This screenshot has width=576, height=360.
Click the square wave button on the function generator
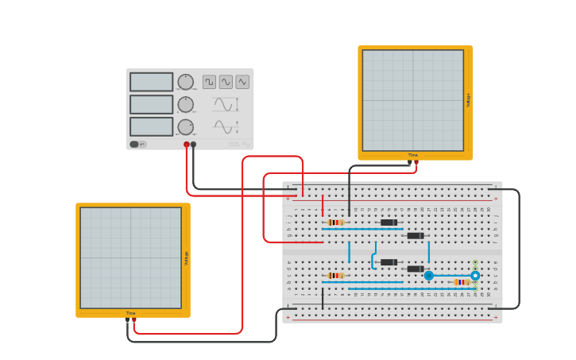click(x=209, y=82)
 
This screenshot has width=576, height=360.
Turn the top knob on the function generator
click(x=185, y=82)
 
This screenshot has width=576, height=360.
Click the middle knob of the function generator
click(x=185, y=104)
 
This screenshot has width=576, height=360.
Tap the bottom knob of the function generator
click(x=185, y=126)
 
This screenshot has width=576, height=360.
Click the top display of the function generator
click(x=151, y=82)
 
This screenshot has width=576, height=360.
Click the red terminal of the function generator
click(x=187, y=145)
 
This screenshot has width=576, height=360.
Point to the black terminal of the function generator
click(x=193, y=145)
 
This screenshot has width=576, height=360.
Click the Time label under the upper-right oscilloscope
click(x=413, y=155)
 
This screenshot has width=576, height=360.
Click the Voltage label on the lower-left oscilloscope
click(x=187, y=257)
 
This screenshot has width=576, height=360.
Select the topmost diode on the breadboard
click(x=389, y=223)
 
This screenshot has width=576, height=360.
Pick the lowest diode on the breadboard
click(x=416, y=269)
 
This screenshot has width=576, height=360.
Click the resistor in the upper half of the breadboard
click(x=336, y=223)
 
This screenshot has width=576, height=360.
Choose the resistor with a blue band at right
click(x=462, y=282)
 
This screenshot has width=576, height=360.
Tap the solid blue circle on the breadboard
click(x=429, y=276)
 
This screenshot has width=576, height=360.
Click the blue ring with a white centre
click(x=475, y=276)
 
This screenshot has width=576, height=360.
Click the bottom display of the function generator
click(x=151, y=126)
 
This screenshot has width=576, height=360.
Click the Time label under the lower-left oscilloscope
click(x=130, y=313)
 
